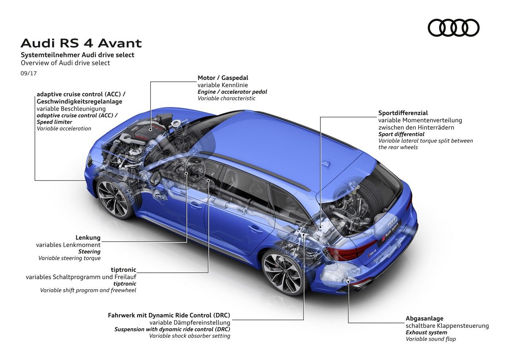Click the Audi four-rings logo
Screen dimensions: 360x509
click(453, 28)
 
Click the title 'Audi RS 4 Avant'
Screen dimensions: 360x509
click(81, 43)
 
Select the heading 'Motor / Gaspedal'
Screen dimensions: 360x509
click(223, 78)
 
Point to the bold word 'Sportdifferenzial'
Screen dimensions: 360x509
click(403, 113)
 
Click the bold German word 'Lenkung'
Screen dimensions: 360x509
click(88, 238)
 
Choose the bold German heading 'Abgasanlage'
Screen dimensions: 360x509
click(424, 318)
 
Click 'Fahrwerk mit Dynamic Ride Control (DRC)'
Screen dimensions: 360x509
click(169, 315)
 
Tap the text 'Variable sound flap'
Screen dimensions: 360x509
click(431, 339)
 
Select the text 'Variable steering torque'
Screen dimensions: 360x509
click(69, 258)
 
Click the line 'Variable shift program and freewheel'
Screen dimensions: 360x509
click(88, 290)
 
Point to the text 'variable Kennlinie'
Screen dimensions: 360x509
click(223, 85)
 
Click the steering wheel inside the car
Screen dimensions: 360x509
click(194, 169)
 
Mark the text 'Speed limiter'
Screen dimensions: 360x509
click(54, 122)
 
